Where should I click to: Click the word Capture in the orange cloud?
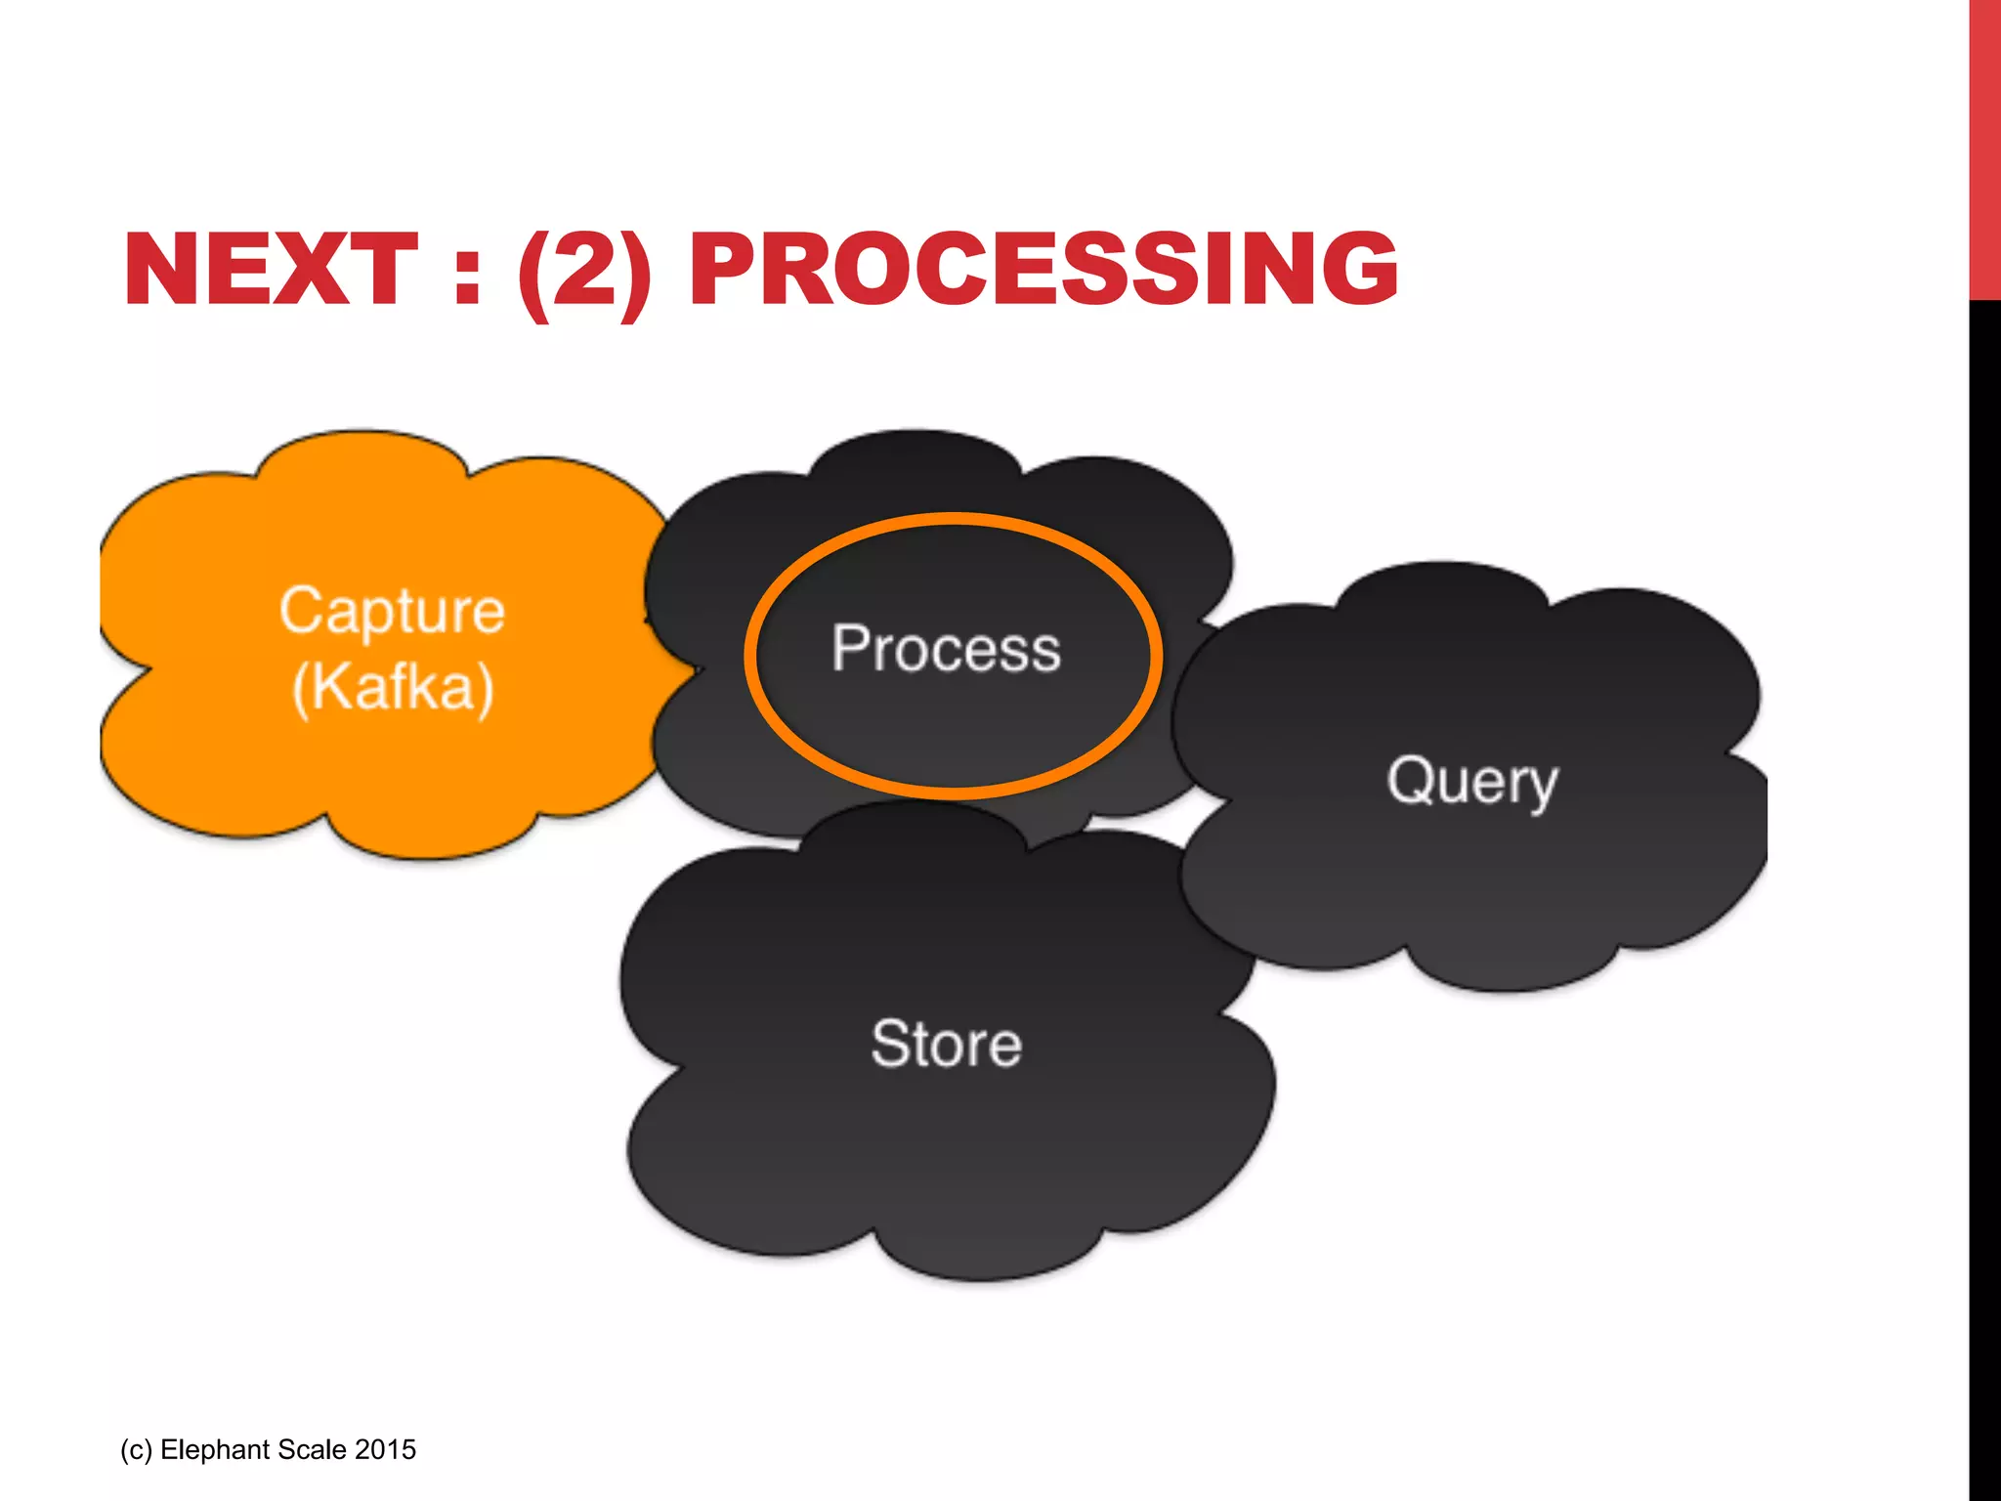[x=392, y=612]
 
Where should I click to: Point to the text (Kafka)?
[x=393, y=687]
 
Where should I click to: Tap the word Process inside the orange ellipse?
[x=946, y=649]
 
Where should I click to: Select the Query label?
[x=1471, y=782]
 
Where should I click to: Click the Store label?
[x=946, y=1044]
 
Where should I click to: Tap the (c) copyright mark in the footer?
[x=136, y=1449]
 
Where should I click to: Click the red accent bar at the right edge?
[x=1984, y=147]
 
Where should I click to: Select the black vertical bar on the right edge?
[x=1984, y=879]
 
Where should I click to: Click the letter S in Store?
[x=890, y=1044]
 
